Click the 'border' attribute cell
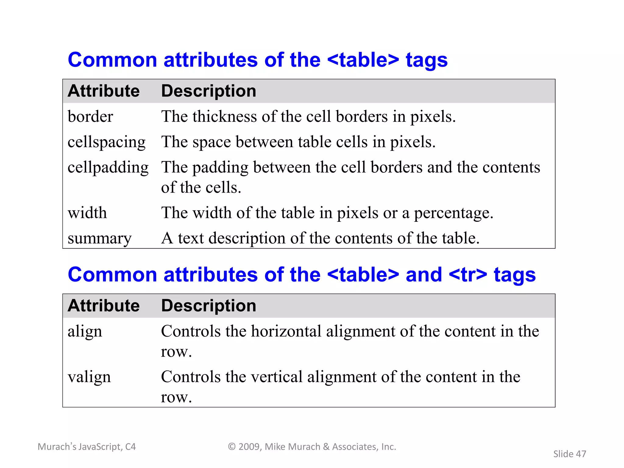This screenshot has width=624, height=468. pyautogui.click(x=90, y=116)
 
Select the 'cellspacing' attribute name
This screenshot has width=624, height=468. pyautogui.click(x=106, y=142)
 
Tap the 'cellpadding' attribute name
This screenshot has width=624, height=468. pyautogui.click(x=108, y=167)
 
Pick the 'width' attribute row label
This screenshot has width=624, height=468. pyautogui.click(x=87, y=213)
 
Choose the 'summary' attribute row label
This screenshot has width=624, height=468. pyautogui.click(x=99, y=238)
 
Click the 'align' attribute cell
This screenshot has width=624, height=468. pyautogui.click(x=85, y=331)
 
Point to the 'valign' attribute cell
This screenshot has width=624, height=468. pyautogui.click(x=89, y=377)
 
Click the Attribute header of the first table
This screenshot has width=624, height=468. pyautogui.click(x=104, y=91)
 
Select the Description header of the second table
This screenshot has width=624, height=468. pyautogui.click(x=208, y=306)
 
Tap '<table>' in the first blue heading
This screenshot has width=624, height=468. pyautogui.click(x=363, y=60)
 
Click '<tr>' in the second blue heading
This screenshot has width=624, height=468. pyautogui.click(x=468, y=275)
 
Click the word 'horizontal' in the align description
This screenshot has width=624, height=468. pyautogui.click(x=286, y=331)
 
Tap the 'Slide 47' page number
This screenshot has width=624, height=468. pyautogui.click(x=569, y=454)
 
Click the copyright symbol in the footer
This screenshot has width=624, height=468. pyautogui.click(x=232, y=447)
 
